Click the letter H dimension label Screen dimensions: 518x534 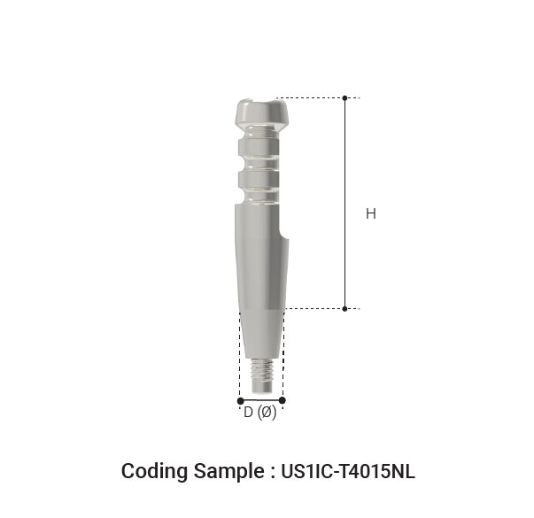tap(370, 213)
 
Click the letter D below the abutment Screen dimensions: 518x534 tap(248, 413)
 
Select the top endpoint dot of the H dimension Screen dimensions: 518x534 tap(345, 98)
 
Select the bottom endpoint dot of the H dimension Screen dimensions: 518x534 tap(345, 308)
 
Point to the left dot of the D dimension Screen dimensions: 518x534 tap(240, 400)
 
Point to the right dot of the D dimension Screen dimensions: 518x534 tap(282, 400)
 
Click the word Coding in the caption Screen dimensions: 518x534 tap(151, 471)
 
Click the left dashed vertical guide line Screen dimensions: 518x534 tap(240, 354)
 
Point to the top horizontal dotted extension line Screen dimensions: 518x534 tap(310, 98)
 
